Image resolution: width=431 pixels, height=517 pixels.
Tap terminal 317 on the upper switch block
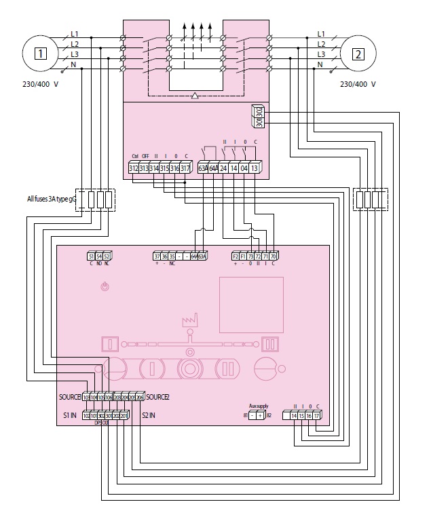[185, 168]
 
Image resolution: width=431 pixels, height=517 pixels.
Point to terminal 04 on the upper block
[244, 168]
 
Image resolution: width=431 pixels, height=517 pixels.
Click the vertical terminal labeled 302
[259, 110]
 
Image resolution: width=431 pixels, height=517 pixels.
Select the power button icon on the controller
[104, 288]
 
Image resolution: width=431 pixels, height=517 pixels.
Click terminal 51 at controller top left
[91, 256]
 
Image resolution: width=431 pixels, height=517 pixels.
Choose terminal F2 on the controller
[236, 256]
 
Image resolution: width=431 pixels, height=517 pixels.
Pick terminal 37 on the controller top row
[157, 256]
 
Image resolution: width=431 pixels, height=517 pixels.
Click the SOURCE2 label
[157, 396]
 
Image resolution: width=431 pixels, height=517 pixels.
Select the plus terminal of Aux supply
[260, 415]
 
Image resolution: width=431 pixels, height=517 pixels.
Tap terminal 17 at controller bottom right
[317, 415]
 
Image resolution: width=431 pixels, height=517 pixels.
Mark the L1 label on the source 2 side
[321, 33]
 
